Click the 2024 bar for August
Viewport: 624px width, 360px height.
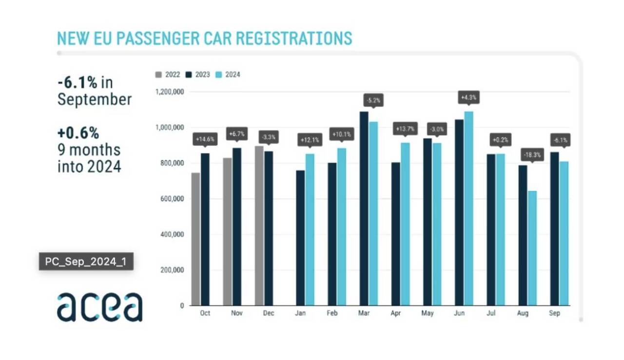(x=532, y=248)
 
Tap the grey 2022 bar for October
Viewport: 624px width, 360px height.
(x=195, y=239)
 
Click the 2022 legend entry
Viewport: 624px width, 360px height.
(x=168, y=75)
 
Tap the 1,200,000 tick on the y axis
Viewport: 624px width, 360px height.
(x=169, y=92)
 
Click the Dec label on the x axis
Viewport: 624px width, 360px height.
(x=269, y=313)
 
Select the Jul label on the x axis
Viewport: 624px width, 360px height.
(x=491, y=313)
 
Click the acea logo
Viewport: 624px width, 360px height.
(x=99, y=307)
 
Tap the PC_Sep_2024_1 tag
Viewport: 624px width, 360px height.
(x=86, y=262)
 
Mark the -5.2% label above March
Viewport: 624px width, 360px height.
(x=373, y=101)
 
